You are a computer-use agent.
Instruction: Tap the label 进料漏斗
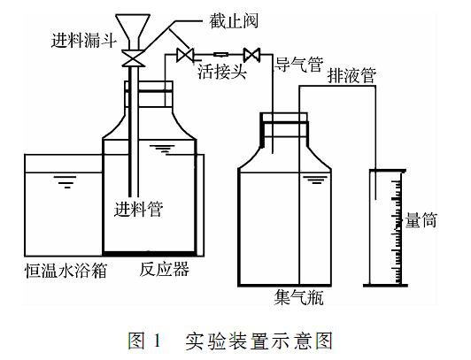click(x=83, y=40)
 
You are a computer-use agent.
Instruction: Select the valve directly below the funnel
click(x=133, y=58)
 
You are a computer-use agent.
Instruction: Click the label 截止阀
click(x=234, y=20)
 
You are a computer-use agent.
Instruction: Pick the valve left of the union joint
click(x=184, y=55)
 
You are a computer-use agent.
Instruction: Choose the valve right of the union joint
click(x=251, y=55)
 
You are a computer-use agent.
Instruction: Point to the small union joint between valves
click(x=221, y=54)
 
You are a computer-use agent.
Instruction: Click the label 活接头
click(x=222, y=72)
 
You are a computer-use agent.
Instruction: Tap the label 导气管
click(x=299, y=65)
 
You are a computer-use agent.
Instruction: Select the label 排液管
click(x=351, y=75)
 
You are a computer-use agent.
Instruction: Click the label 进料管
click(x=138, y=209)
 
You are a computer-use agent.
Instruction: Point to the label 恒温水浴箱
click(x=66, y=271)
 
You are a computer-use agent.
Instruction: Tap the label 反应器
click(x=165, y=269)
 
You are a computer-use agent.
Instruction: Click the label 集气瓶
click(x=298, y=297)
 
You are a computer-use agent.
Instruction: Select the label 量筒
click(x=421, y=220)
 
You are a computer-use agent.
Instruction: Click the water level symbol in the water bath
click(x=65, y=182)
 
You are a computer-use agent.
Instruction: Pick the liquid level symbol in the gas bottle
click(x=315, y=180)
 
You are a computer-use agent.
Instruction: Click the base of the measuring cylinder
click(x=386, y=286)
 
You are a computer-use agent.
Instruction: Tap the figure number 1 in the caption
click(x=157, y=341)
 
